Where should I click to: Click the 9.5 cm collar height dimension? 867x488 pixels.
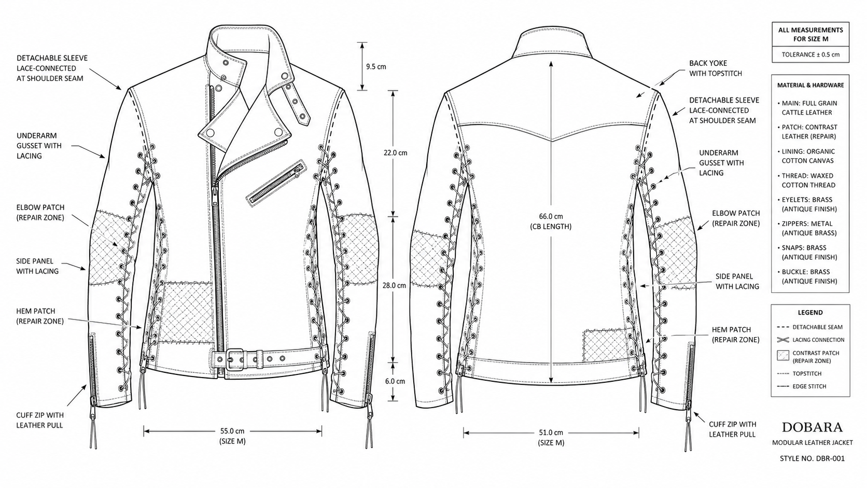click(376, 66)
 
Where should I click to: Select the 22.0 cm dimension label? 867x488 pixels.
click(395, 153)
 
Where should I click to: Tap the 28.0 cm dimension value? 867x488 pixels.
click(394, 286)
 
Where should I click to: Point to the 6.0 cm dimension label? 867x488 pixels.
click(395, 381)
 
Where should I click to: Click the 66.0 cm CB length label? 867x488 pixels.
click(551, 221)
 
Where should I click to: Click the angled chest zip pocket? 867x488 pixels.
click(275, 183)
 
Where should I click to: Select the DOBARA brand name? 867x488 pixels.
click(812, 427)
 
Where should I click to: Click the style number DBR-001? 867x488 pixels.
click(812, 458)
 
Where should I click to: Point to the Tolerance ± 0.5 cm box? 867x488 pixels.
click(810, 54)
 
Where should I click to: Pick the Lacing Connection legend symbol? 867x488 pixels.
click(782, 340)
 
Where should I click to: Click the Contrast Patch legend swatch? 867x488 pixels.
click(782, 356)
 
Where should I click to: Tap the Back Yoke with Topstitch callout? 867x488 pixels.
click(715, 68)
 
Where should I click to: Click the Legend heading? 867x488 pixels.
click(810, 312)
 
